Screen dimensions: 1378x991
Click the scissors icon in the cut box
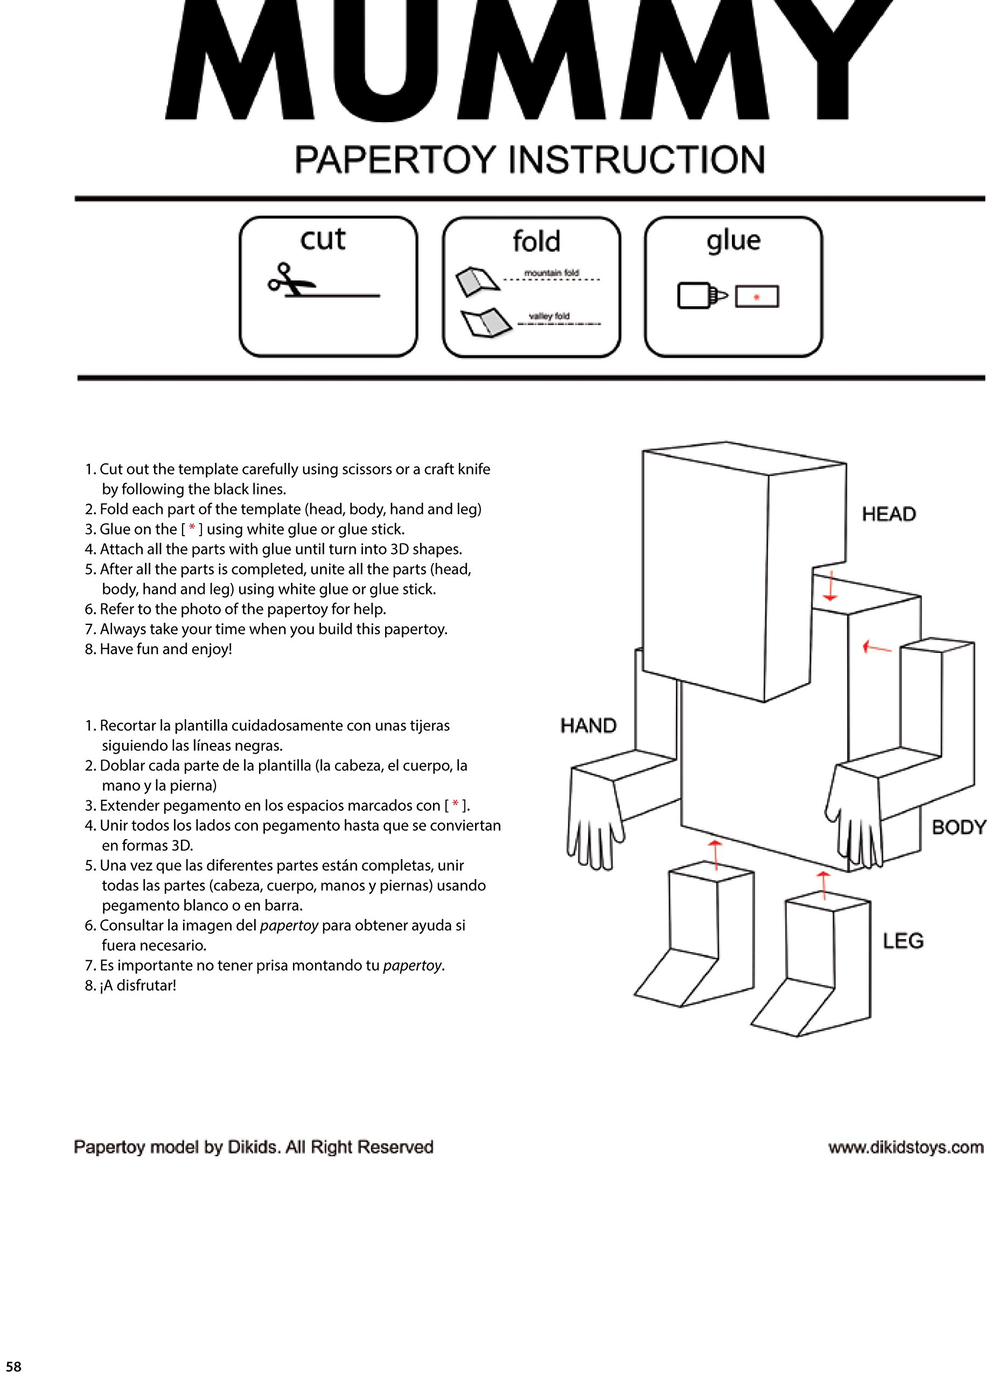pos(291,280)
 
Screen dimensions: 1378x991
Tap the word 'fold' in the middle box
pos(536,241)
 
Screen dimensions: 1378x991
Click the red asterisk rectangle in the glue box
pos(756,297)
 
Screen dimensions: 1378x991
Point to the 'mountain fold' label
pos(552,273)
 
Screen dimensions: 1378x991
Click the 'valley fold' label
pos(549,316)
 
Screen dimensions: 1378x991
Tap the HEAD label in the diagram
pos(888,514)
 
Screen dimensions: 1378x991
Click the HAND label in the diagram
pos(588,726)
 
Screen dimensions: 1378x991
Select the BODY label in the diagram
pos(958,827)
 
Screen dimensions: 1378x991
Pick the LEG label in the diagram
pos(903,940)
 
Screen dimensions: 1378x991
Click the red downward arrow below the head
pos(830,588)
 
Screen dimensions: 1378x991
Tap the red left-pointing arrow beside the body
pos(876,648)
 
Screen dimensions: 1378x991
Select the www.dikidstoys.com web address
pos(905,1147)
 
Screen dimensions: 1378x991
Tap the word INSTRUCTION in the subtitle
pos(636,160)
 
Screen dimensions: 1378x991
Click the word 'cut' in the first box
pos(322,239)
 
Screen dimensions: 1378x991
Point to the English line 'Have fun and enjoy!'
pos(165,649)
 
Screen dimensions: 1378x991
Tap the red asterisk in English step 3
pos(192,528)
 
